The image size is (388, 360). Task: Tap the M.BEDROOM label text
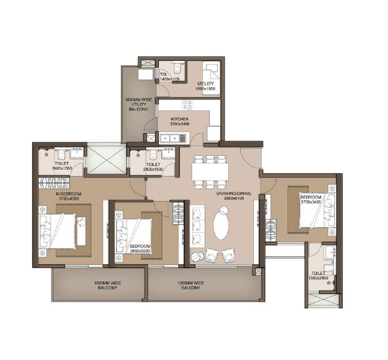click(x=69, y=195)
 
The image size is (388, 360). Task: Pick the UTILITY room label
click(x=205, y=84)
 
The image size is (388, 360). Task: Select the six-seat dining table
click(x=210, y=171)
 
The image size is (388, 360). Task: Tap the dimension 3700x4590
click(x=69, y=199)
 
